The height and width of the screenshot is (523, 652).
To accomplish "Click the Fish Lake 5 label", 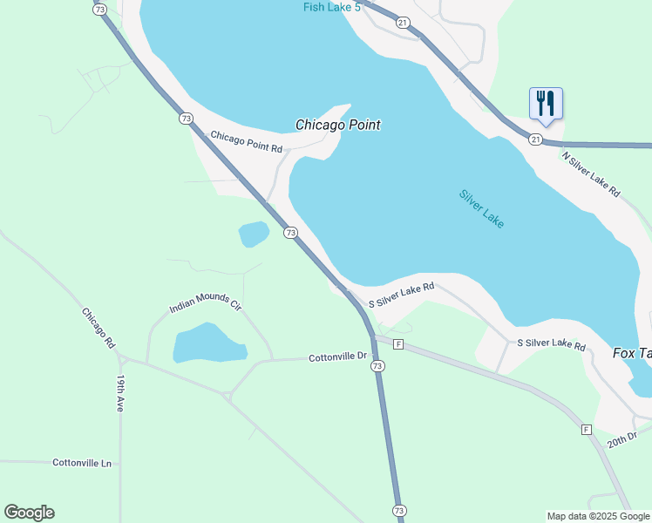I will click(x=332, y=8).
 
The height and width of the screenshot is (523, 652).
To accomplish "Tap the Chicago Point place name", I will click(x=337, y=125).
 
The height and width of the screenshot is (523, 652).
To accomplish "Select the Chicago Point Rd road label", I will click(x=247, y=141).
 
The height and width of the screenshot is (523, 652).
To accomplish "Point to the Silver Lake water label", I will click(x=482, y=209).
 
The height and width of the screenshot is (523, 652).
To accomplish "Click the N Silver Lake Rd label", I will click(x=590, y=174).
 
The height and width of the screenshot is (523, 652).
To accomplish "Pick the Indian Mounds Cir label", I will click(x=205, y=303).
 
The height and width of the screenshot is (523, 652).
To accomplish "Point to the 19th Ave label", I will click(x=121, y=395).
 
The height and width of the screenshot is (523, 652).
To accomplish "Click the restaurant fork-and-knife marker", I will click(x=546, y=104).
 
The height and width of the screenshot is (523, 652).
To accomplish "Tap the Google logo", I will click(x=29, y=513).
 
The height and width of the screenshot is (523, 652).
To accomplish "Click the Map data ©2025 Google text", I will click(x=598, y=516).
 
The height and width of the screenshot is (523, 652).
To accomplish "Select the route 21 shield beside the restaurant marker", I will click(x=535, y=139).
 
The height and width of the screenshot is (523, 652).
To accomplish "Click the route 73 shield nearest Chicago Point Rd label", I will click(x=186, y=118).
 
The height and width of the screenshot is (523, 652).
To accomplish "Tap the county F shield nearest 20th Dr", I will click(x=587, y=429).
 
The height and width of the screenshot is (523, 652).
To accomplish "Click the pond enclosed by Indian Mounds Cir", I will click(x=209, y=343).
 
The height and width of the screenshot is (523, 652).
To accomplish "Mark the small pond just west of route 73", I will click(x=254, y=234).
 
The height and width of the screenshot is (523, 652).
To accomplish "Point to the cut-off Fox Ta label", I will click(x=632, y=353).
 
